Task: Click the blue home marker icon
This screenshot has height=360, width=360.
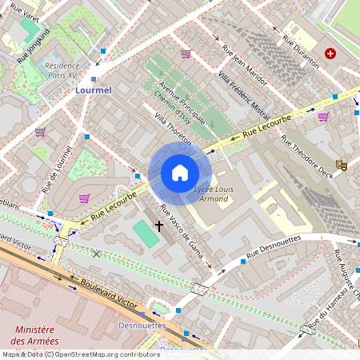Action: [x=180, y=173]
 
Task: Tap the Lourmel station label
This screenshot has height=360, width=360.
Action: [x=94, y=91]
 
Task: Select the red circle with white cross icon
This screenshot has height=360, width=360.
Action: [x=330, y=54]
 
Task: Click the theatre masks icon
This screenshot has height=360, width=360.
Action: [x=342, y=165]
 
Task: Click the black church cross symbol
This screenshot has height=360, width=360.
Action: [x=158, y=226]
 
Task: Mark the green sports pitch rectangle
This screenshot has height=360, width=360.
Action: [x=145, y=234]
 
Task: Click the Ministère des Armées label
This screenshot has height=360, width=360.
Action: [x=34, y=337]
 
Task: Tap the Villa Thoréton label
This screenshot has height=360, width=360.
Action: [x=174, y=129]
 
